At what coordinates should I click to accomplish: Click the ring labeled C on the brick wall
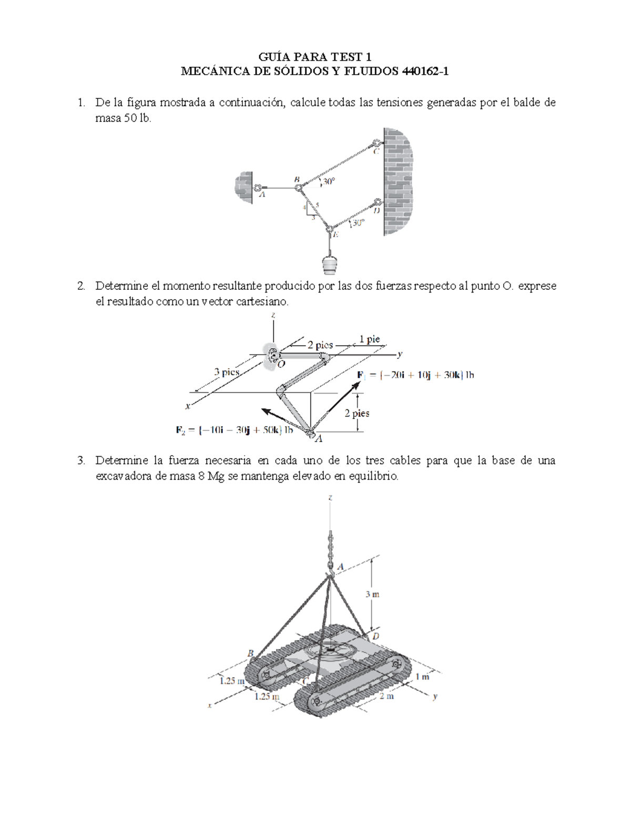tap(377, 143)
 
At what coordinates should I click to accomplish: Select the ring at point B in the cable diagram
tap(298, 186)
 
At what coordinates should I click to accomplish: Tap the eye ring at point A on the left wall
tap(258, 187)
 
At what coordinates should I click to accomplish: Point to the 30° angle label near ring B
tap(329, 181)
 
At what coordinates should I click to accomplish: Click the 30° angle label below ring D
tap(358, 223)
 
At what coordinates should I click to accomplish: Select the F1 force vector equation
tap(415, 375)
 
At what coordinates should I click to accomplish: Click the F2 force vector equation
tap(234, 430)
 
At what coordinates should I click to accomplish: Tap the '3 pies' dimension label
tap(227, 372)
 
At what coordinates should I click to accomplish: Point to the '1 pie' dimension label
tap(370, 339)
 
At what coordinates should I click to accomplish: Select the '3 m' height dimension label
tap(372, 594)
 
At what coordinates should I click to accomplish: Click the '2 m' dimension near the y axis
tap(386, 696)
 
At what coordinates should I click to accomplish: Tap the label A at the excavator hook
tap(340, 567)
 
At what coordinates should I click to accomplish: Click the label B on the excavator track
tap(251, 653)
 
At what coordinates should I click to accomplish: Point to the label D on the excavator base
tap(376, 636)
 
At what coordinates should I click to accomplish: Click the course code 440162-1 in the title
tap(425, 72)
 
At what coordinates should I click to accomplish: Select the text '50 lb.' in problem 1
tap(138, 118)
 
